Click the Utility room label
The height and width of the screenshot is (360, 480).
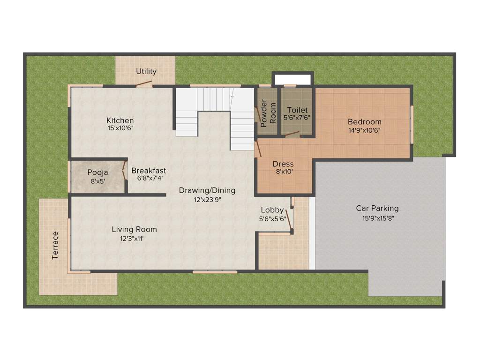146,72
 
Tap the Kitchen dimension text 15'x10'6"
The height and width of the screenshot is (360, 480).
120,128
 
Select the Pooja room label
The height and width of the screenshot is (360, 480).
97,172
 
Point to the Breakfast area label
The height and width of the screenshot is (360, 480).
149,171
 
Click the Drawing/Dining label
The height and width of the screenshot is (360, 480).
207,190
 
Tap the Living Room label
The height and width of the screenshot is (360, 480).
134,230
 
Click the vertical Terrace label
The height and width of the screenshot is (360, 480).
55,245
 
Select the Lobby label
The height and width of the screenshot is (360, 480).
272,210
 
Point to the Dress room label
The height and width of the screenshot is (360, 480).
283,164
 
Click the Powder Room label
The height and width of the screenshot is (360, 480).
268,113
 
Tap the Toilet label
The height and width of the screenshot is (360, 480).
297,110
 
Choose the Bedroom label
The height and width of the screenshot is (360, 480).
364,122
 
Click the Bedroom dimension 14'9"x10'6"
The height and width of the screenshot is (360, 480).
364,130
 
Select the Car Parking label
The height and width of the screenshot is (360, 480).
377,208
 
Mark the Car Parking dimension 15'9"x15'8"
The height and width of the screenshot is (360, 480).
377,217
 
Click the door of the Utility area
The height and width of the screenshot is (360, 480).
144,84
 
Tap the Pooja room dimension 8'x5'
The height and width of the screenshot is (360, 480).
97,180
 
